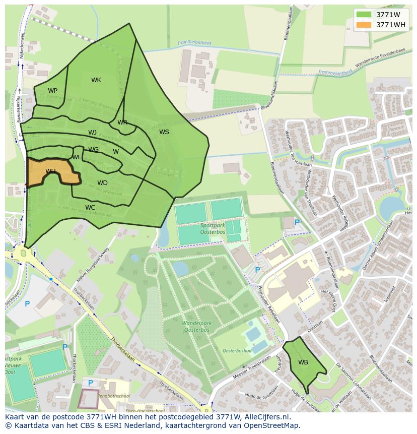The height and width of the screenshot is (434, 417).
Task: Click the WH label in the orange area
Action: (50, 171)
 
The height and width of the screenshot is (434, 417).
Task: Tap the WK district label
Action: (96, 80)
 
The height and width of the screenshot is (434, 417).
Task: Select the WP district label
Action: (52, 91)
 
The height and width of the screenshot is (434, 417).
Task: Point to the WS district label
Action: (164, 132)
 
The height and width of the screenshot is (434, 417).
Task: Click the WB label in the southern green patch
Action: (303, 362)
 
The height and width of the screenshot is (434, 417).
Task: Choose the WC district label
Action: (90, 207)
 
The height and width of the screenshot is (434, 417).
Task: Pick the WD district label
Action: (102, 183)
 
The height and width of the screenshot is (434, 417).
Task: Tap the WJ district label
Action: (92, 133)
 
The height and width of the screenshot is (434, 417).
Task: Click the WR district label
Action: (122, 122)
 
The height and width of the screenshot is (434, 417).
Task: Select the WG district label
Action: (94, 150)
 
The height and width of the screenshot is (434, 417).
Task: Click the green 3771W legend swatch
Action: (364, 15)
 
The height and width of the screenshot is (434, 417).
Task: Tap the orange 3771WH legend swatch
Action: (364, 25)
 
